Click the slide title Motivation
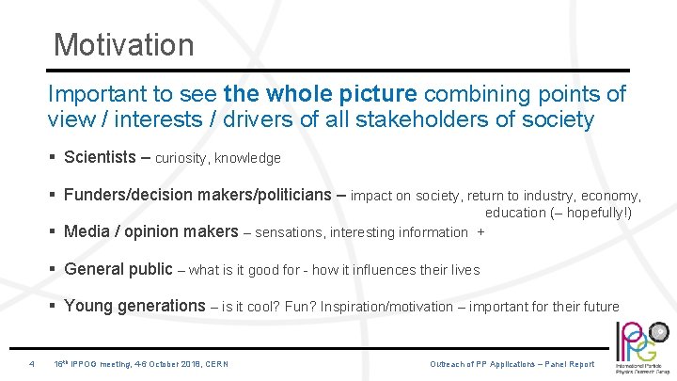coord(123,44)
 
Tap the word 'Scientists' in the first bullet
coord(100,158)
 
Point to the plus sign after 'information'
coord(481,233)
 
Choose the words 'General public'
coord(118,269)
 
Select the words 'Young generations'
coord(134,306)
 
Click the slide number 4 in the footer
coord(32,364)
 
